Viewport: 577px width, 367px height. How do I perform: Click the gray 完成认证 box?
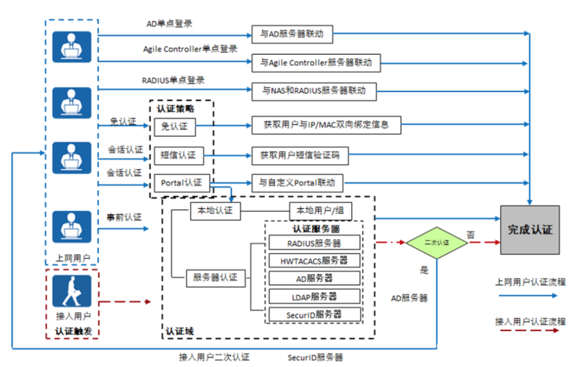(530, 230)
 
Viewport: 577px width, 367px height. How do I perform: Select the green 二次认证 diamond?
(437, 243)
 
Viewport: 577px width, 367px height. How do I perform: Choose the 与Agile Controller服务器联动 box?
(316, 63)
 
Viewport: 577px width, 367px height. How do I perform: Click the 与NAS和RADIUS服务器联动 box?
(314, 91)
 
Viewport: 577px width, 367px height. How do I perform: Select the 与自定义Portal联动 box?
(297, 182)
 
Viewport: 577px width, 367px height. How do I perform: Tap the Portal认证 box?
(181, 183)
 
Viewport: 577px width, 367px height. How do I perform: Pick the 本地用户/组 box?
(321, 211)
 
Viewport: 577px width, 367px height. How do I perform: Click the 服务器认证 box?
(215, 278)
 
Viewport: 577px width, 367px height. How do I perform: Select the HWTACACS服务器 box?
(314, 260)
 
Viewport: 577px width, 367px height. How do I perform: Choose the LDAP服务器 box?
(314, 296)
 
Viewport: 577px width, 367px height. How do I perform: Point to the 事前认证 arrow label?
(124, 217)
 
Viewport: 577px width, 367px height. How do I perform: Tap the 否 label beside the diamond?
(470, 234)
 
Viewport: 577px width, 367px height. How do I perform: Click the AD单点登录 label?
(169, 24)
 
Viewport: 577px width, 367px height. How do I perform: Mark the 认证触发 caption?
(73, 331)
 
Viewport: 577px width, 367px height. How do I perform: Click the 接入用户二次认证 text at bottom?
(214, 357)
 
